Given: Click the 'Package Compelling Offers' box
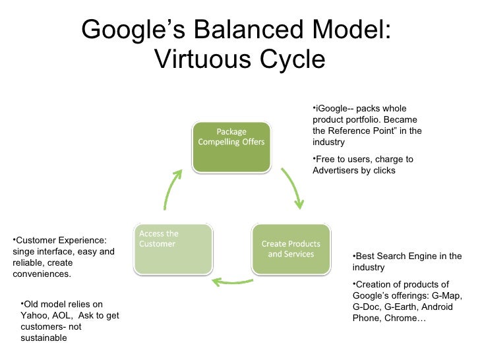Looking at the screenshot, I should pos(231,145).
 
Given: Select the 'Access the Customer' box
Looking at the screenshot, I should pos(173,249).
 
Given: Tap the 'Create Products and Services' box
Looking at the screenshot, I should pos(291,249).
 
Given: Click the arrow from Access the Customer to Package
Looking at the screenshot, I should pos(173,189).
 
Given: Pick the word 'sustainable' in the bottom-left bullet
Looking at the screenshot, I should pos(44,338).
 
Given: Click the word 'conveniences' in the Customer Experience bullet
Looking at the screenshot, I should pos(41,274).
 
